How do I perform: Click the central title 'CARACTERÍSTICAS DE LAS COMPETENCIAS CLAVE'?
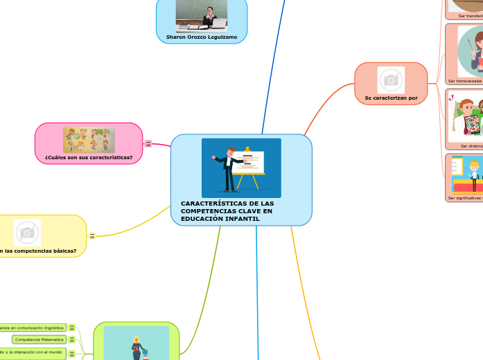(x=227, y=210)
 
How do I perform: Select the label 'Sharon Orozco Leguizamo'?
(x=202, y=37)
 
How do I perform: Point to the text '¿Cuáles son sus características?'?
(x=89, y=156)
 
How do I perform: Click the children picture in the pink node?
(x=89, y=139)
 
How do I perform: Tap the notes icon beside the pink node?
(x=148, y=144)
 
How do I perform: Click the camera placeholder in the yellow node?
(x=27, y=233)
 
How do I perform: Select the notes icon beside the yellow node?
(x=92, y=236)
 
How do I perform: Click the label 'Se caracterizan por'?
(x=391, y=98)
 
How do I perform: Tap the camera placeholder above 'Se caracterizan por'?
(x=391, y=80)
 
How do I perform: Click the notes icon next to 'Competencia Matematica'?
(x=72, y=339)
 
